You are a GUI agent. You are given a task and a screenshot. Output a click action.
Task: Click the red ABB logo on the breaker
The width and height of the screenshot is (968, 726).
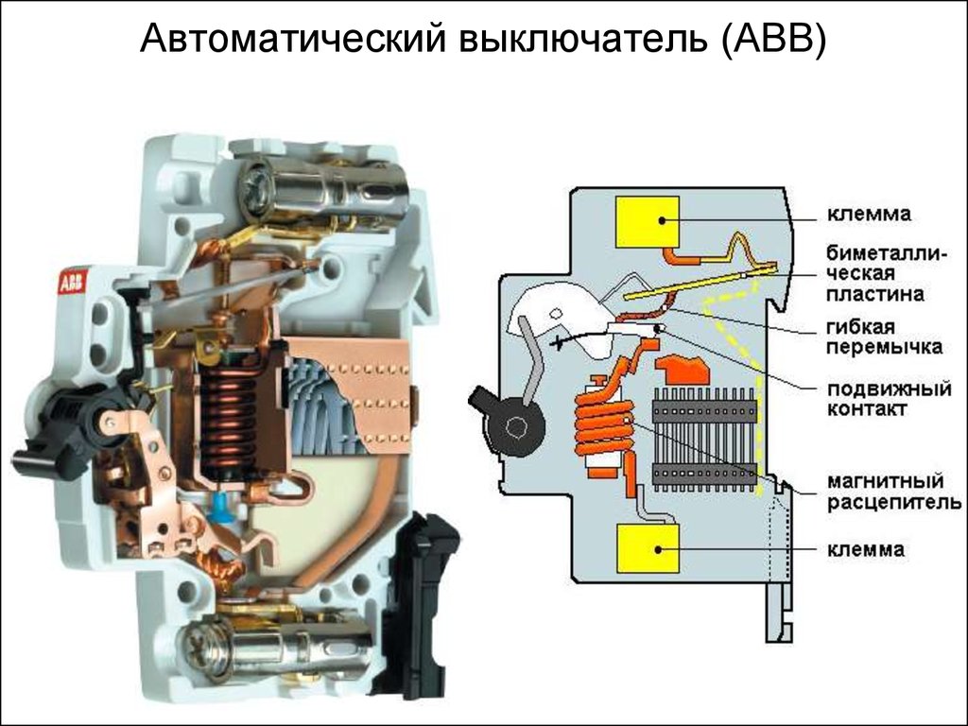[x=72, y=282]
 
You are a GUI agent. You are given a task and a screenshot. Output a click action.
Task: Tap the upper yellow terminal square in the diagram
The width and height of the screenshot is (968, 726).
[x=648, y=223]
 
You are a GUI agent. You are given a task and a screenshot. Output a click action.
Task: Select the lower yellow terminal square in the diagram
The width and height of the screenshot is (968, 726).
[x=648, y=548]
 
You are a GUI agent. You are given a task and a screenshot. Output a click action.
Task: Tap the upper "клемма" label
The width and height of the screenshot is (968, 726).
[x=870, y=215]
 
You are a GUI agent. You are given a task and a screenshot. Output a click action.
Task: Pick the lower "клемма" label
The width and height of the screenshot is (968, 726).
[x=870, y=548]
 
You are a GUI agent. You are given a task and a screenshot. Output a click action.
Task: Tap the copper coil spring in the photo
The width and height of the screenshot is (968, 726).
[x=228, y=416]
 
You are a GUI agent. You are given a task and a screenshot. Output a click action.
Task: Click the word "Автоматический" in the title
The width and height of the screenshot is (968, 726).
[x=292, y=40]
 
